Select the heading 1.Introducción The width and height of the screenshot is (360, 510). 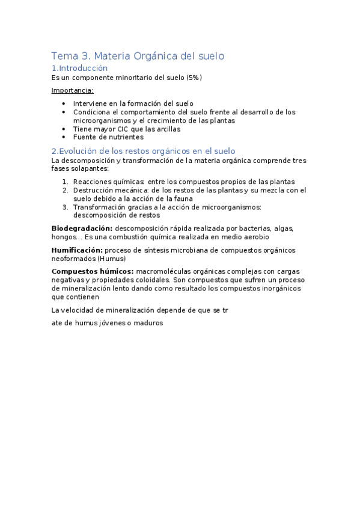(79, 69)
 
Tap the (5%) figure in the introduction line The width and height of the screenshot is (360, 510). (194, 78)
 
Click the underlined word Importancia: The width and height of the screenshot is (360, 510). (72, 91)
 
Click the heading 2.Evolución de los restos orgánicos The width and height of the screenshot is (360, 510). (143, 151)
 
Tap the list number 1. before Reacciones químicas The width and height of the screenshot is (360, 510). (66, 182)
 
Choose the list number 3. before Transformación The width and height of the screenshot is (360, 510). (66, 207)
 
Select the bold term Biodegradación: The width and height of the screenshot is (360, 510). (82, 228)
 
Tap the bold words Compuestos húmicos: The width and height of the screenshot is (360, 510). (93, 271)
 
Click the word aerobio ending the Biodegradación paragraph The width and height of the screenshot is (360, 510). (272, 236)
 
